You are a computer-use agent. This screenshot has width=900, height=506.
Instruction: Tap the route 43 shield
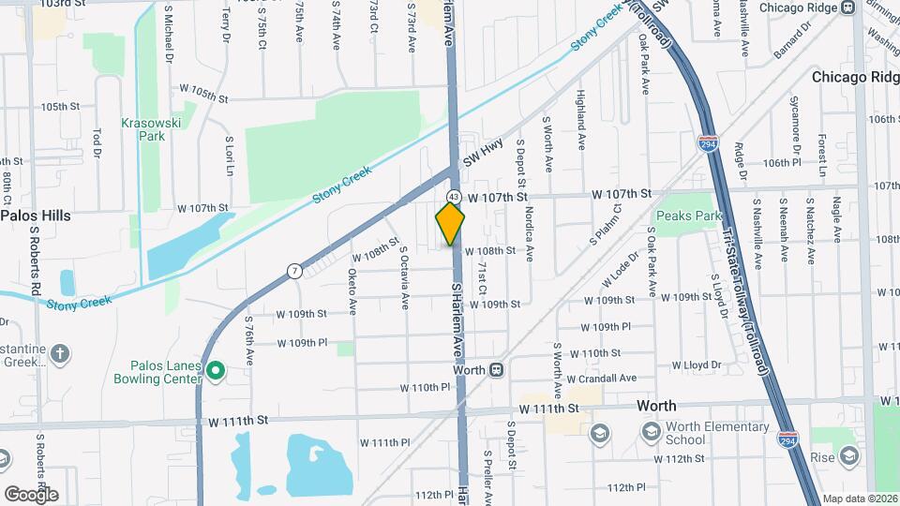pyautogui.click(x=454, y=197)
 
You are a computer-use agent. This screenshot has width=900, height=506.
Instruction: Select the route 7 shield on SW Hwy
pyautogui.click(x=294, y=272)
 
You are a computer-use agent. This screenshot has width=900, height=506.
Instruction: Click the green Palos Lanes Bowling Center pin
pyautogui.click(x=215, y=371)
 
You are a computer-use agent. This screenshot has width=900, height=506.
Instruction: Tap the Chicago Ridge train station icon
pyautogui.click(x=847, y=7)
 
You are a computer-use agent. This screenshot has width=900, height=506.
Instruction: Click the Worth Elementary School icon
pyautogui.click(x=650, y=433)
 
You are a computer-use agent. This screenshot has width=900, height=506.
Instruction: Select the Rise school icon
pyautogui.click(x=848, y=456)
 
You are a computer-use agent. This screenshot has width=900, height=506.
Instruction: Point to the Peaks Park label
pyautogui.click(x=689, y=216)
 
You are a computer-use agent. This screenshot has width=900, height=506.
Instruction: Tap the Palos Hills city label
pyautogui.click(x=36, y=216)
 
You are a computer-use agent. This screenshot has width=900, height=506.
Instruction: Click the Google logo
pyautogui.click(x=30, y=494)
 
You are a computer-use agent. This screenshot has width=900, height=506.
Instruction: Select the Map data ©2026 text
pyautogui.click(x=860, y=499)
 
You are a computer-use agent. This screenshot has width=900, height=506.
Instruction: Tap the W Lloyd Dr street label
pyautogui.click(x=696, y=365)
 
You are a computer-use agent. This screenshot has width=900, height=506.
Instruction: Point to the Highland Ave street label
pyautogui.click(x=581, y=122)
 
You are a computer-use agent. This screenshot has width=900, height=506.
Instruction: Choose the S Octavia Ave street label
pyautogui.click(x=404, y=277)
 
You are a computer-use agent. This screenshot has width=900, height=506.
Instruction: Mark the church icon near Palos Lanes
pyautogui.click(x=60, y=354)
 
